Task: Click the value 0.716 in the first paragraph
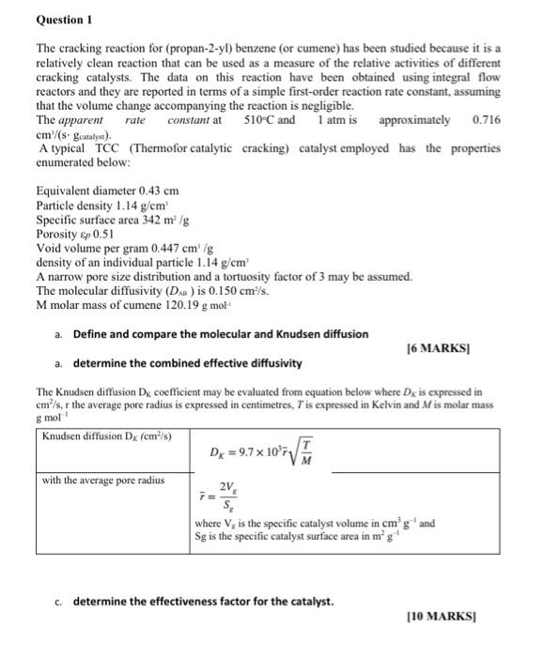point(488,120)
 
